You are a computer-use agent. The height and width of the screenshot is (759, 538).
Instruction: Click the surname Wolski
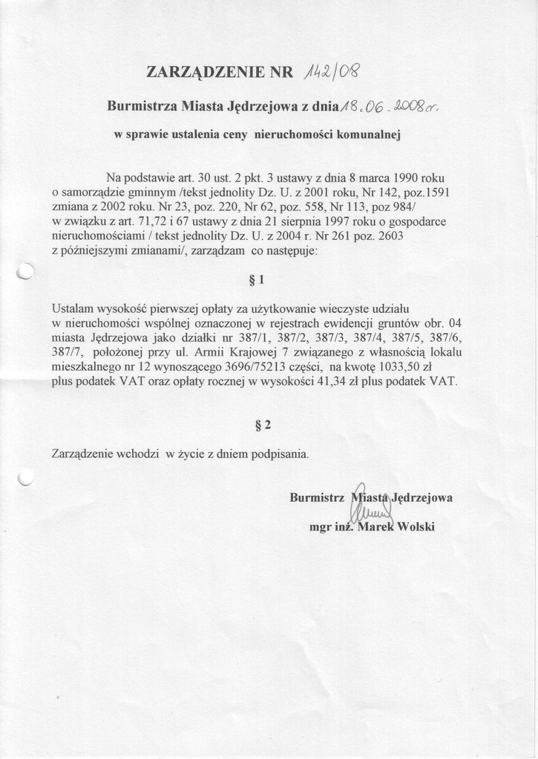416,527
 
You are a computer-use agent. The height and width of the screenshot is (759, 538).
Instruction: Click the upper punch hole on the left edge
24,273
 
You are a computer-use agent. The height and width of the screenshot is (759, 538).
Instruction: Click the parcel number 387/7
68,351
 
